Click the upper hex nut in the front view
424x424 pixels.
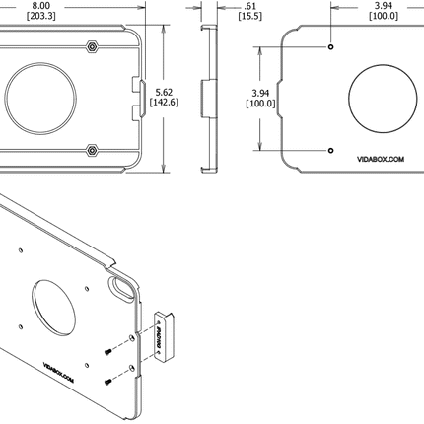[x=91, y=46]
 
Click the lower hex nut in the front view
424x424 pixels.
[x=91, y=151]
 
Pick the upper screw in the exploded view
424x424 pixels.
[x=106, y=352]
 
